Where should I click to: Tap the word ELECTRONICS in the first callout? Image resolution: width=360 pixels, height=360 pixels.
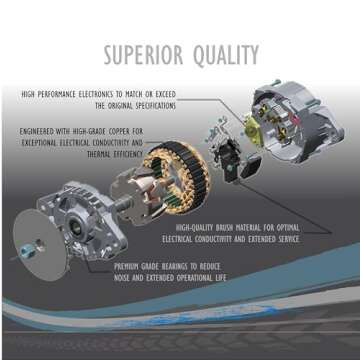click(x=98, y=94)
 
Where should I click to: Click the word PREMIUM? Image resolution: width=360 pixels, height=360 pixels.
click(x=128, y=265)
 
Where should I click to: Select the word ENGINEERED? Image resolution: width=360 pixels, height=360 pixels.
click(x=40, y=131)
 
